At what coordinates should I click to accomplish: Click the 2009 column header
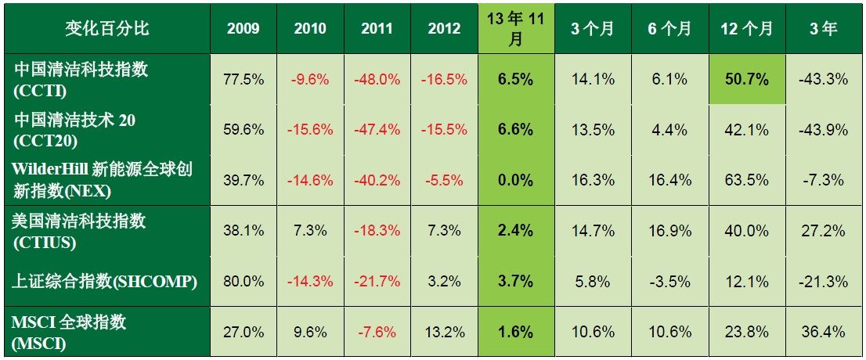click(243, 29)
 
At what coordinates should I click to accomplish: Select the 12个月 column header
click(745, 29)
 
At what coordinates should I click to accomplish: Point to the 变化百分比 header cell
click(107, 29)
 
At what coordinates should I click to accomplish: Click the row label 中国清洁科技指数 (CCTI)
click(107, 79)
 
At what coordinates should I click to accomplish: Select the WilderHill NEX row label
click(107, 179)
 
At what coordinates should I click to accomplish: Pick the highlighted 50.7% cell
click(745, 79)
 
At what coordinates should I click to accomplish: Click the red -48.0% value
click(377, 79)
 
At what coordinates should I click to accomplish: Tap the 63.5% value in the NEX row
click(745, 180)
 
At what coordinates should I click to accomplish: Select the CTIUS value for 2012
click(444, 230)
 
